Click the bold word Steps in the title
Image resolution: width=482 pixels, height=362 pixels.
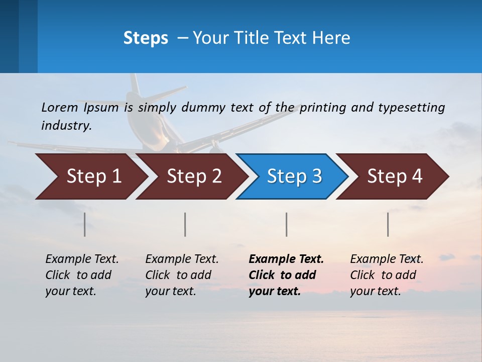tap(146, 38)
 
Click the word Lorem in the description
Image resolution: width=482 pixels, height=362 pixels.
tap(60, 107)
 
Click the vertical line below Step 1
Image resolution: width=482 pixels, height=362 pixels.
tap(84, 224)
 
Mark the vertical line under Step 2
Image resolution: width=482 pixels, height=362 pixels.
tap(185, 224)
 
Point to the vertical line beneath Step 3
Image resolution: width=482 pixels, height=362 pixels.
tap(286, 224)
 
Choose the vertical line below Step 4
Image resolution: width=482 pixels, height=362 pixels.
tap(388, 224)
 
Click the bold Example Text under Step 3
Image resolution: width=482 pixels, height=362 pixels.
tap(286, 275)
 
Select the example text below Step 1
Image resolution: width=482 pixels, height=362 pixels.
tap(81, 275)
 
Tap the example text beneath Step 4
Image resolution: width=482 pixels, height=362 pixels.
tap(386, 275)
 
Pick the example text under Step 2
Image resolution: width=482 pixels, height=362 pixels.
tap(181, 275)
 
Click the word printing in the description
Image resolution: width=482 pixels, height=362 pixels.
tap(322, 107)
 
